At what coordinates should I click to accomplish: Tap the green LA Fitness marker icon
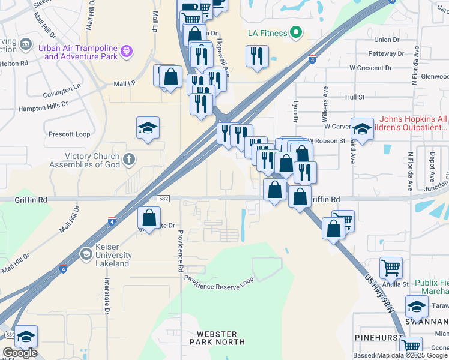click(295, 32)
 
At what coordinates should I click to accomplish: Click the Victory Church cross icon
click(128, 160)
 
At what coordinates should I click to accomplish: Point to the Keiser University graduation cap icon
click(88, 255)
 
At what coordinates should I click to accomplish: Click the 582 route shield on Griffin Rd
click(163, 198)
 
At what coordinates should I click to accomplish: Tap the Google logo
click(20, 353)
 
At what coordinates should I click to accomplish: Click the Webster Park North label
click(217, 338)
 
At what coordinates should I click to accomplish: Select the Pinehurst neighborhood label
click(378, 338)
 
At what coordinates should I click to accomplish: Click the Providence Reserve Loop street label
click(219, 280)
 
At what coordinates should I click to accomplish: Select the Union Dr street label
click(386, 40)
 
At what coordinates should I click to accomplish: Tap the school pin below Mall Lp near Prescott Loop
click(148, 128)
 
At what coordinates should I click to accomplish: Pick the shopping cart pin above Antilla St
click(391, 268)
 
